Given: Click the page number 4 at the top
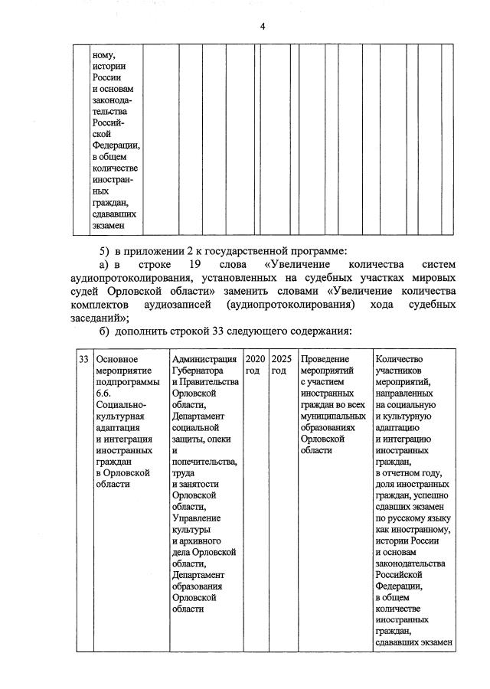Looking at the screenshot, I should click(x=262, y=27).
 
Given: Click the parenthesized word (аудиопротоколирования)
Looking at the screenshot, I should click(x=290, y=305).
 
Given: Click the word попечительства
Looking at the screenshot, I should click(x=204, y=462).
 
